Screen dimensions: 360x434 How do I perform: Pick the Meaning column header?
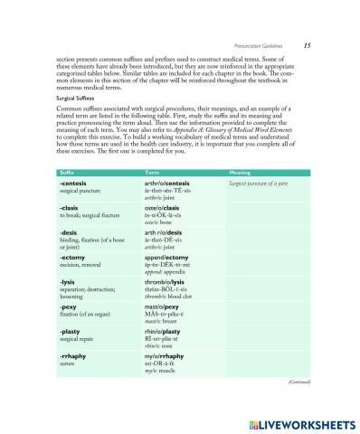pyautogui.click(x=240, y=172)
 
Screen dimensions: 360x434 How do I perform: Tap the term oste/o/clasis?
pyautogui.click(x=164, y=208)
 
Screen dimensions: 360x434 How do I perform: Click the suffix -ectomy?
pyautogui.click(x=73, y=257)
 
